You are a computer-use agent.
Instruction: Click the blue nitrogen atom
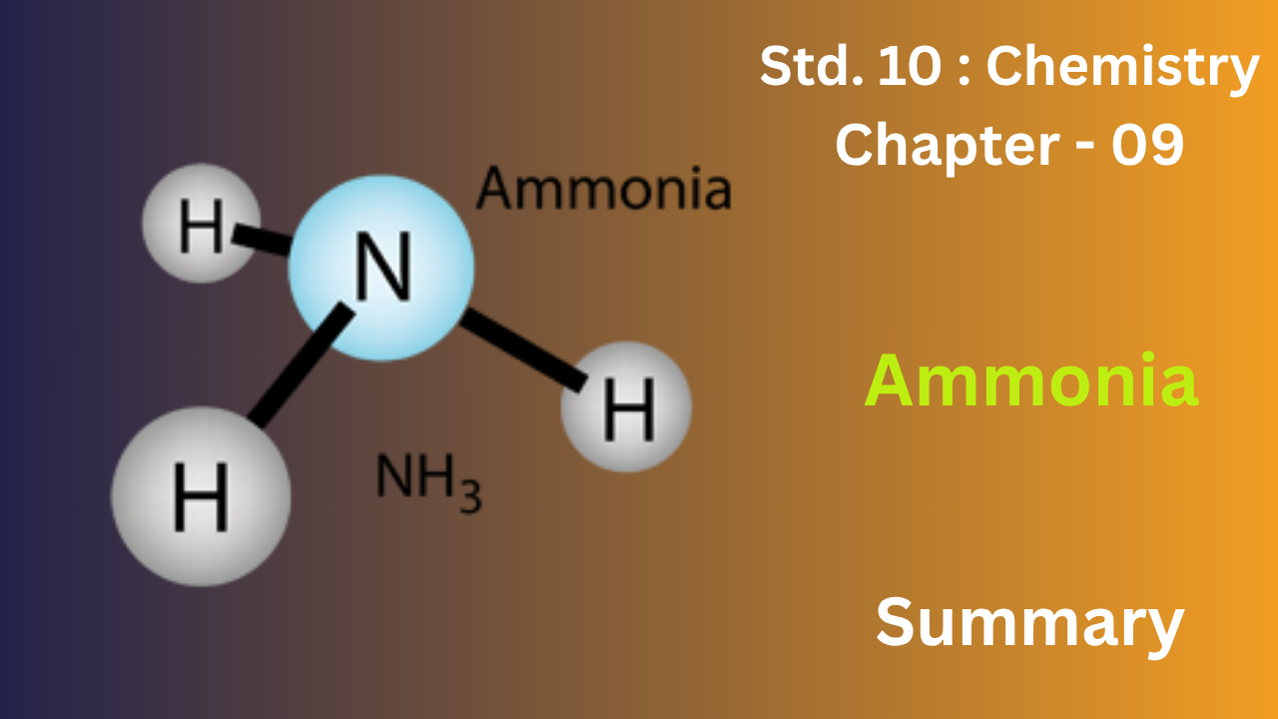(381, 268)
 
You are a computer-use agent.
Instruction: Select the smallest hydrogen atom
(202, 223)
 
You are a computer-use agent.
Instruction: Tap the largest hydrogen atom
(201, 496)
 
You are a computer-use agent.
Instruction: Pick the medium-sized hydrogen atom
(626, 406)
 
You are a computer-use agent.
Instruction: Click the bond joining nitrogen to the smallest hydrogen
(263, 240)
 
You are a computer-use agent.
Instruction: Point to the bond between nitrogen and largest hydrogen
(302, 365)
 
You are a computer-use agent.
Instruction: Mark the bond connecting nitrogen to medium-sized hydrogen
(523, 351)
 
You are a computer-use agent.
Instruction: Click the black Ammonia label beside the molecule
(604, 188)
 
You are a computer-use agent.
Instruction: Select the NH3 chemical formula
(428, 482)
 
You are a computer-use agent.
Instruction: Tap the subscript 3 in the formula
(470, 496)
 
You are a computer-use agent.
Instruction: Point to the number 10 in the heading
(910, 66)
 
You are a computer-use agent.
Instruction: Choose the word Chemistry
(1122, 69)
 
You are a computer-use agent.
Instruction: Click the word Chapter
(948, 146)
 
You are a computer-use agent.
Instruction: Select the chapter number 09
(1147, 145)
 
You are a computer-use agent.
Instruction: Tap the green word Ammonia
(1031, 380)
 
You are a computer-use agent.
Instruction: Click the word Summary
(1029, 624)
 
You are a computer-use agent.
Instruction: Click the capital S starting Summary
(896, 621)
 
